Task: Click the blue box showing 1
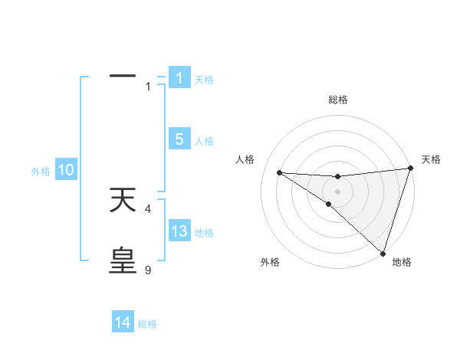[179, 78]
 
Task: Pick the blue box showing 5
[179, 139]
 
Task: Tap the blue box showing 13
[179, 231]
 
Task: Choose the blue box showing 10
[66, 171]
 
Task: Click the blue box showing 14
[123, 323]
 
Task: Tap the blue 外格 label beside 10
[41, 172]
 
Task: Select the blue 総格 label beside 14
[147, 324]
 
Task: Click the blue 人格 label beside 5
[204, 141]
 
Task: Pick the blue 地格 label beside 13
[204, 233]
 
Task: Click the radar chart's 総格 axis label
[337, 100]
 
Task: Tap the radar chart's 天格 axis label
[431, 159]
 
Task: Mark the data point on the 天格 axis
[410, 169]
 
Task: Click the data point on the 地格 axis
[382, 253]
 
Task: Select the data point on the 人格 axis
[279, 172]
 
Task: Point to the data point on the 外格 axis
[329, 204]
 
